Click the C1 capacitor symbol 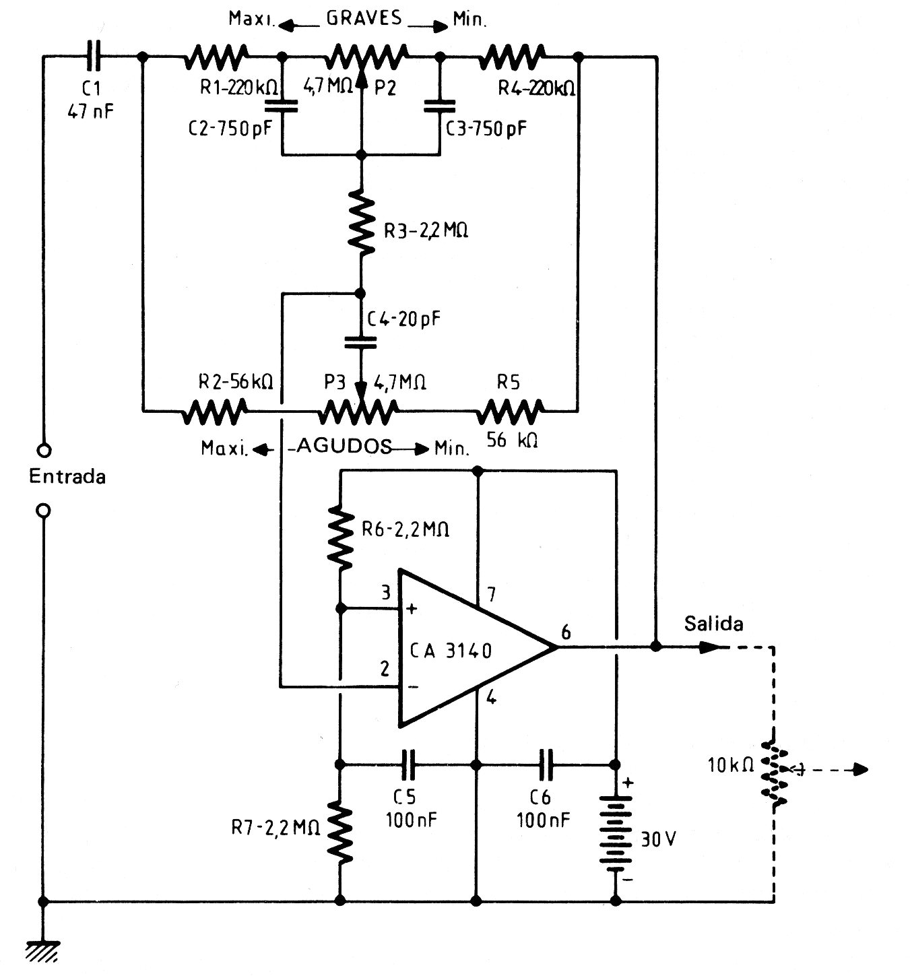[x=94, y=56]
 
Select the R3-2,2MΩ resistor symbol [x=361, y=224]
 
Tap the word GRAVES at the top [x=364, y=18]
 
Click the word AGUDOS [x=344, y=446]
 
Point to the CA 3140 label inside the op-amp [x=451, y=651]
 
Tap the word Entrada [x=67, y=477]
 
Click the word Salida [x=713, y=624]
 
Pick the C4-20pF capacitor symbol [x=360, y=342]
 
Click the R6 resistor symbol [x=340, y=537]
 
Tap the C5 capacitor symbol [x=408, y=764]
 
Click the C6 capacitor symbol [x=546, y=764]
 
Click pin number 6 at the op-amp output [x=566, y=632]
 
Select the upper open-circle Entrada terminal [x=44, y=450]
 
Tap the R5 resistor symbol [x=510, y=411]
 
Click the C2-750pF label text [x=230, y=129]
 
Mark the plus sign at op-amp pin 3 [x=412, y=609]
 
